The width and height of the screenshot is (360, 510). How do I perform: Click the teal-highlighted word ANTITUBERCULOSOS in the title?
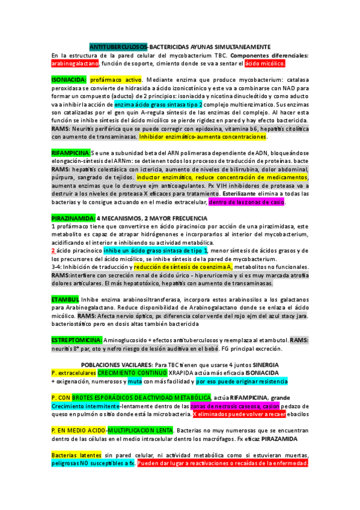[118, 47]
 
